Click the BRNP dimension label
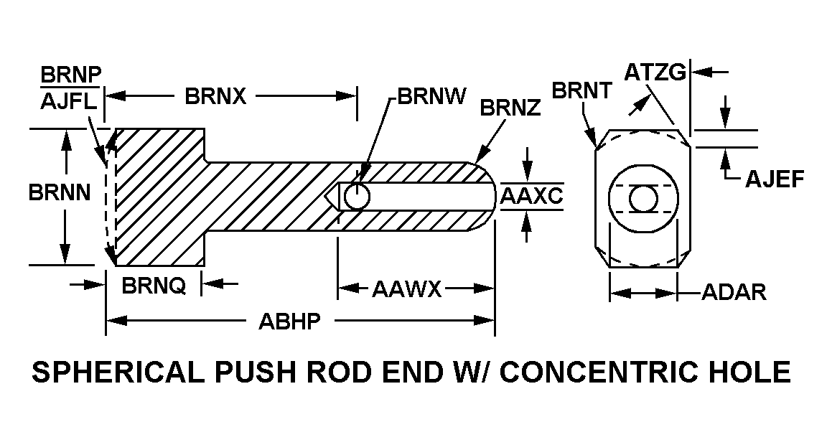pyautogui.click(x=71, y=75)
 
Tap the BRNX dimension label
pyautogui.click(x=215, y=96)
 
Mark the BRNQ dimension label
pyautogui.click(x=154, y=286)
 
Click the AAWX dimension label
pyautogui.click(x=406, y=289)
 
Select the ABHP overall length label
pyautogui.click(x=289, y=321)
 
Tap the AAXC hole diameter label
pyautogui.click(x=532, y=196)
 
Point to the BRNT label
pyautogui.click(x=581, y=90)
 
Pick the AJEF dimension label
pyautogui.click(x=775, y=179)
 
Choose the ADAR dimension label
pyautogui.click(x=734, y=292)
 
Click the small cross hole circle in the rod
pyautogui.click(x=357, y=196)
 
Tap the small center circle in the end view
pyautogui.click(x=643, y=198)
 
